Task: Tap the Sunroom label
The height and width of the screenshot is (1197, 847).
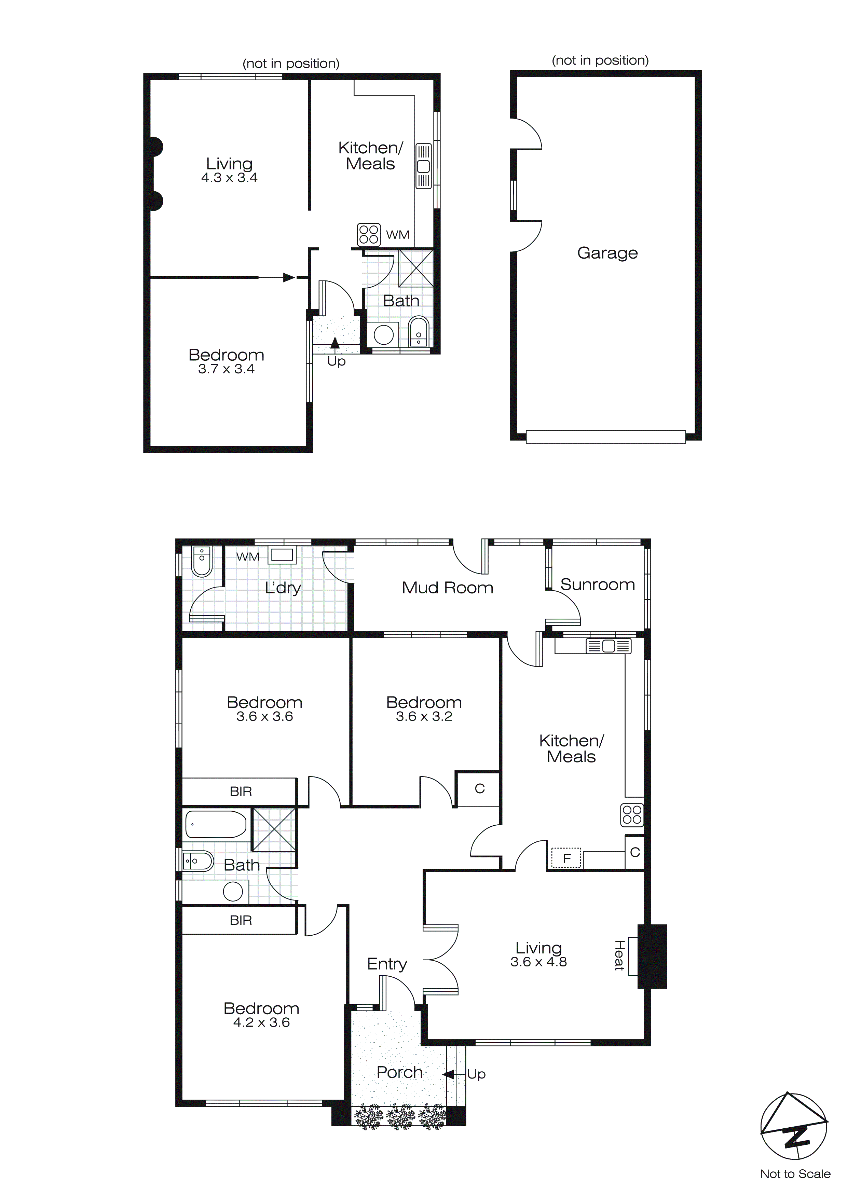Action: pos(597,584)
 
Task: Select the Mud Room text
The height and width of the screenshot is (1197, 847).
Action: pos(448,588)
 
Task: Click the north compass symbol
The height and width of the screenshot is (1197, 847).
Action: pos(794,1132)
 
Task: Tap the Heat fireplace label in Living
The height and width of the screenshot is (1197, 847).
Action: pos(619,955)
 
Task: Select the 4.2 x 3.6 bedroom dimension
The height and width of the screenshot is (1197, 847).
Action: pos(261,1022)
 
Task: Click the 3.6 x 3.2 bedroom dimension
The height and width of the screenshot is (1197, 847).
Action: pos(424,716)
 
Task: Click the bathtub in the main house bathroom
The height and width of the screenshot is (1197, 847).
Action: pos(215,824)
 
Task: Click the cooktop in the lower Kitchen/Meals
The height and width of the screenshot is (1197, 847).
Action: pos(632,814)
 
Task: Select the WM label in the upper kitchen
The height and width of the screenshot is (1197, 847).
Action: pos(397,235)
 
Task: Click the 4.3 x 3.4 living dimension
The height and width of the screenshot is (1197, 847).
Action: pos(230,178)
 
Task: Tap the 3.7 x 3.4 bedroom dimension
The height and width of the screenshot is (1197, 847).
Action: pos(226,369)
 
